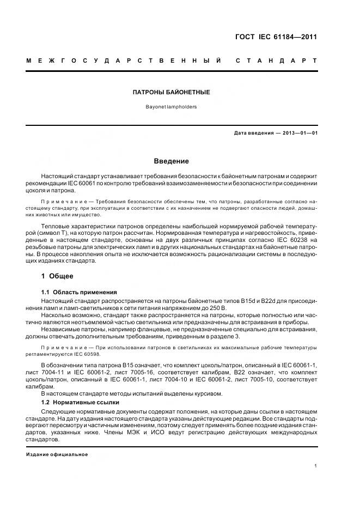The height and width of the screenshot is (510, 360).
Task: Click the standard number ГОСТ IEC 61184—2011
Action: point(275,37)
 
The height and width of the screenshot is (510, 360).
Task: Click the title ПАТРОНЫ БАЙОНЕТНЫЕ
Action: point(172,93)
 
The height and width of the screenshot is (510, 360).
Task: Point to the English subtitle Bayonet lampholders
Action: point(172,107)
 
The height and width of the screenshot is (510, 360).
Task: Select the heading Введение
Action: point(172,161)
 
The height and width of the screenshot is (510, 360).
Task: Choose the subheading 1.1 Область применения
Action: point(80,293)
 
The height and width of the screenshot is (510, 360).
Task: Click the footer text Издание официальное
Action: point(57,454)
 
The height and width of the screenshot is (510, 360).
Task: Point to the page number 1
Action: point(316,465)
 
